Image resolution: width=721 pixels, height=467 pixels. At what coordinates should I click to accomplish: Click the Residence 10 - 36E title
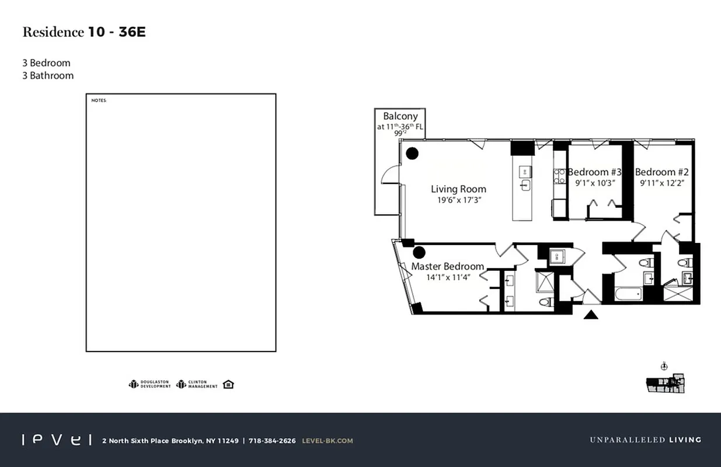click(x=83, y=32)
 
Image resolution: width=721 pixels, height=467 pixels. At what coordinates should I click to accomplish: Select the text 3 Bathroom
click(x=48, y=75)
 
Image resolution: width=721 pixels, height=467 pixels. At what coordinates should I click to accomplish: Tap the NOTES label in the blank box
click(x=99, y=100)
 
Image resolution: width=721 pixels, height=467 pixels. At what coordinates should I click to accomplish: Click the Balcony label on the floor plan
click(x=400, y=116)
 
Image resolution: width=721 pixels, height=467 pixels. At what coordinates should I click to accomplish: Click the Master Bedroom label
click(x=447, y=266)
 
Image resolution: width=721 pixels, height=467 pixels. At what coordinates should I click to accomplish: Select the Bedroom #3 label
click(x=594, y=172)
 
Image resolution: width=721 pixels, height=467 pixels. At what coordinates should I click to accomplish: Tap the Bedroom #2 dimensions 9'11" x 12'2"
click(x=661, y=183)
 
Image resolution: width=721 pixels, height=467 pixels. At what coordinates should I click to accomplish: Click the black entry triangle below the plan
click(x=591, y=315)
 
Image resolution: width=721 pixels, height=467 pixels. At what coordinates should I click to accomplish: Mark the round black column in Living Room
click(x=412, y=154)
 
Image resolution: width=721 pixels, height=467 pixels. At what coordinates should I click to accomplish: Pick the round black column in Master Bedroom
click(x=419, y=252)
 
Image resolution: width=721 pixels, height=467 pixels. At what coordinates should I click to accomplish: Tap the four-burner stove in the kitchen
click(x=559, y=176)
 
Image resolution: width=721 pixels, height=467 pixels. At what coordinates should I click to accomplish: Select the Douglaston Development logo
click(x=150, y=384)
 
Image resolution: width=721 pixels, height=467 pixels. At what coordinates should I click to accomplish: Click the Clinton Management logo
click(x=197, y=384)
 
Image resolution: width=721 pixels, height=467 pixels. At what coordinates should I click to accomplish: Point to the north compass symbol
click(x=664, y=367)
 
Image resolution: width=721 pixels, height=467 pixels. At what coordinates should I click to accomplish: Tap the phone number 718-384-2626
click(x=272, y=441)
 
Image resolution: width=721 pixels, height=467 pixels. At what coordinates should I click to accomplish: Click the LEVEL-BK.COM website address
click(x=327, y=441)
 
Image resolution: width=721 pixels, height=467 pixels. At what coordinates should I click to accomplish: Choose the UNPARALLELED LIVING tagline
click(x=645, y=440)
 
